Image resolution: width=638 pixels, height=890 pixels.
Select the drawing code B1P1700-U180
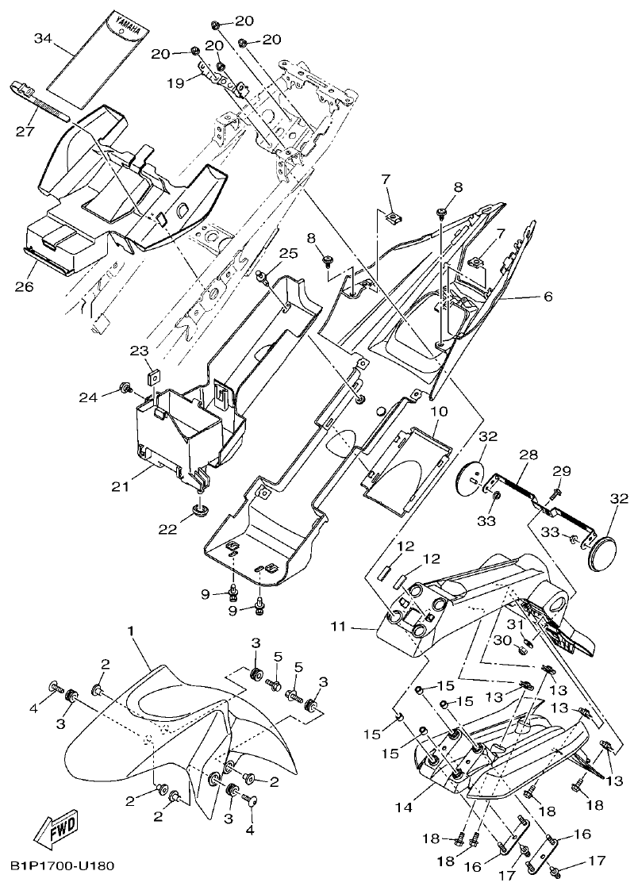[x=63, y=865]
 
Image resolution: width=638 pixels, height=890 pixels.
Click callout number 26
[x=25, y=286]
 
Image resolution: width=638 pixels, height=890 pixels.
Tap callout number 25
[x=288, y=253]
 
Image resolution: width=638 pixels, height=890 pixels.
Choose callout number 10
[x=439, y=412]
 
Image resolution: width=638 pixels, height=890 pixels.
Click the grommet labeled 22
[x=198, y=508]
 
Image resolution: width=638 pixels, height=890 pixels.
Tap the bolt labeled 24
[x=125, y=387]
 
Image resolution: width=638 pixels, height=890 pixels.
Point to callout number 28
[x=528, y=455]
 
